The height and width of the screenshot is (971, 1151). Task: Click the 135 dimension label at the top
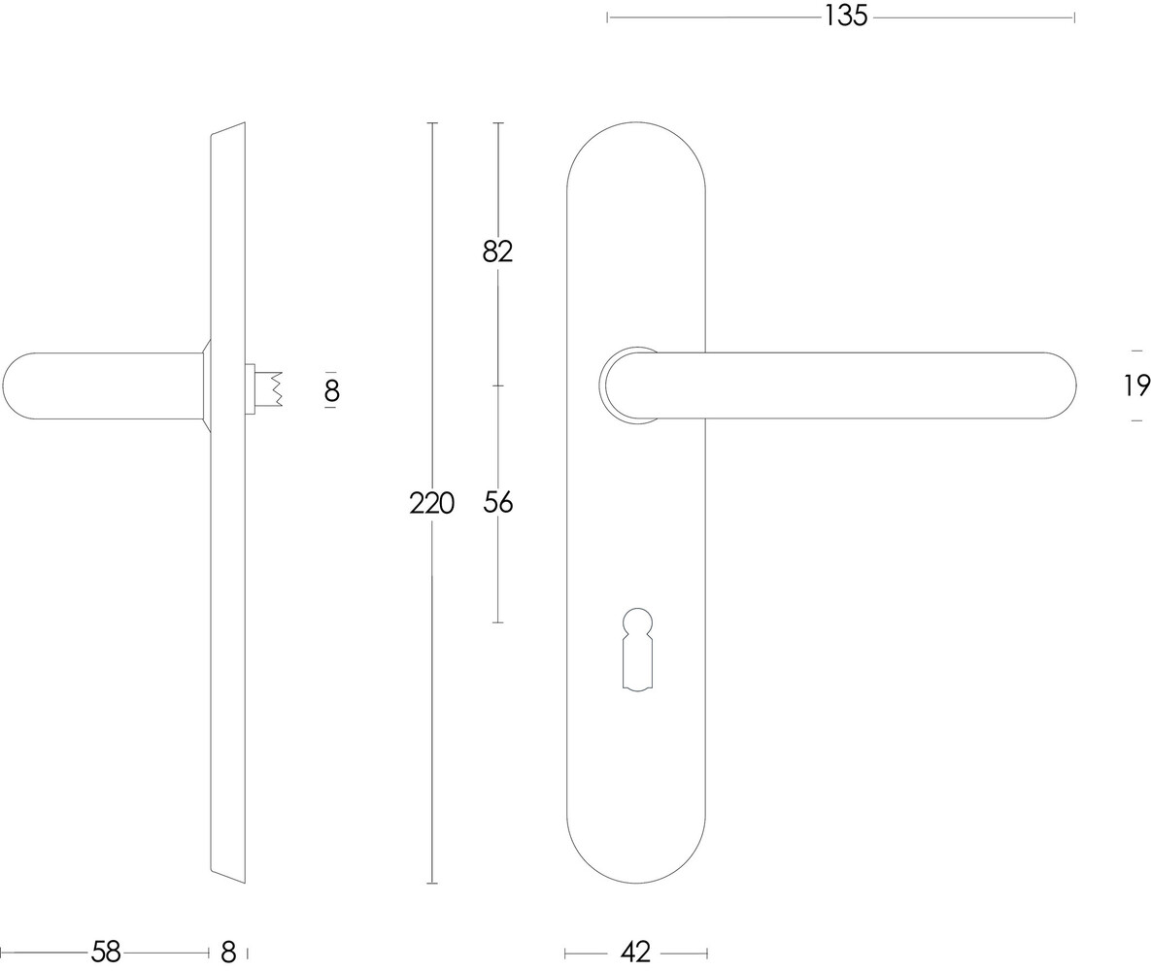(845, 17)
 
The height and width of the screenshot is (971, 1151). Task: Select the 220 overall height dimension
(431, 503)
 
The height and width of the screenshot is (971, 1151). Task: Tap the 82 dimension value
(497, 251)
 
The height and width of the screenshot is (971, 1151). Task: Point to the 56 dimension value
(497, 502)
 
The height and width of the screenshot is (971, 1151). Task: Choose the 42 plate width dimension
(635, 953)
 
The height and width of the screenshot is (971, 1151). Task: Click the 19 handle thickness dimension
(1136, 385)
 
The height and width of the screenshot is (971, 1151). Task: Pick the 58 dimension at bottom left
(105, 953)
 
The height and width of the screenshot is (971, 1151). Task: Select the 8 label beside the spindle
(331, 390)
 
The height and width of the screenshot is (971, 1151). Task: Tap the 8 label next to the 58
(228, 953)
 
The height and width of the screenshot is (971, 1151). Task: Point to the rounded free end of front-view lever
(1059, 385)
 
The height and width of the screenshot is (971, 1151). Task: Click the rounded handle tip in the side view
(19, 385)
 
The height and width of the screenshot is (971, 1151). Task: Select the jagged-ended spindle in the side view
(268, 388)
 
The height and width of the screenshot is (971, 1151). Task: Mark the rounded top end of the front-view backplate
(636, 146)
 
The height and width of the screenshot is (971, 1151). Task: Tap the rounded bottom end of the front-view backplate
(636, 859)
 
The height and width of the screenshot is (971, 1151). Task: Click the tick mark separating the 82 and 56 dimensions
(497, 385)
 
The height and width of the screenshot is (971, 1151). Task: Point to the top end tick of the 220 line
(431, 123)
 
